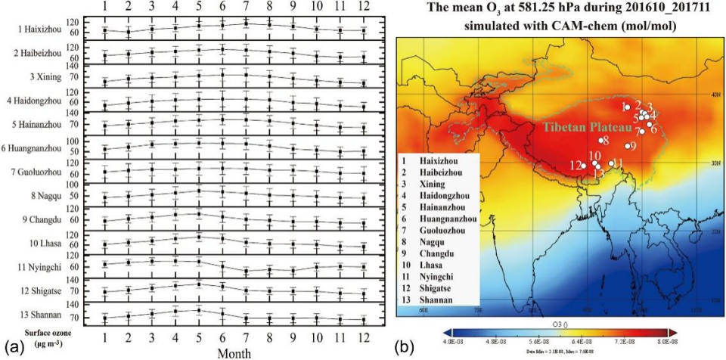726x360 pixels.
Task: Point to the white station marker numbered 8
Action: pos(600,140)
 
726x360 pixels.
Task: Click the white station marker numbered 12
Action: pos(583,166)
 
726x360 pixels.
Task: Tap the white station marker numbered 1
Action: pos(627,107)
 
